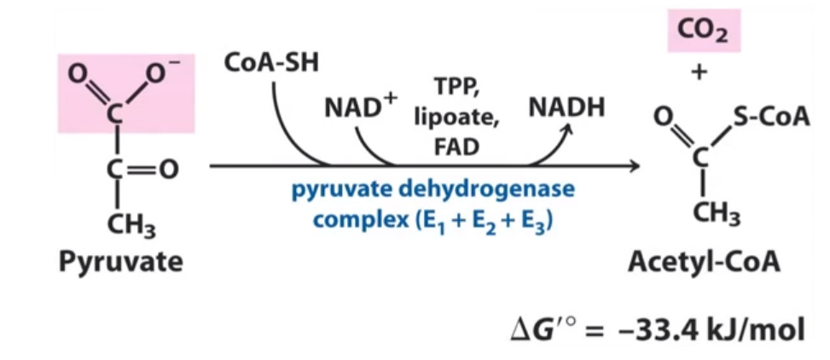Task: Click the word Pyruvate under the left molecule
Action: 120,261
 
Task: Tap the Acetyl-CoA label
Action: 704,262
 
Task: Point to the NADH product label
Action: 566,108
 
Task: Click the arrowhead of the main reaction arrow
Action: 633,166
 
